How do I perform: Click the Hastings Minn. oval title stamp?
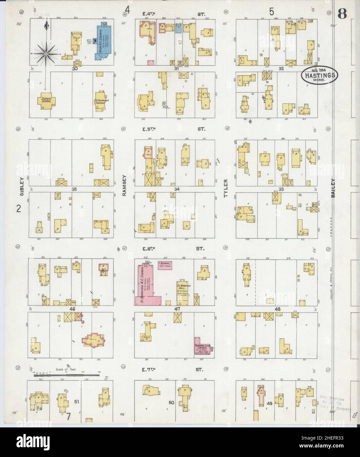(319, 75)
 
